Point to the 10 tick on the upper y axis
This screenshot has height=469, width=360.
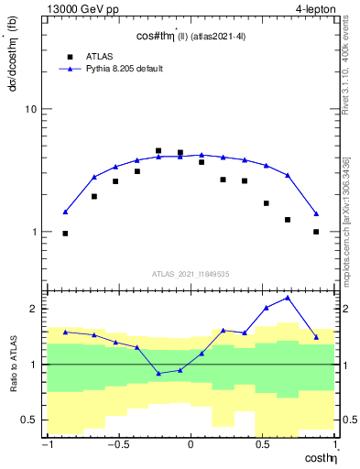pos(30,110)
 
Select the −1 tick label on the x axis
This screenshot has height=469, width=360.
pos(46,446)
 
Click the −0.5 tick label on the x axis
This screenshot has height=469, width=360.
pos(117,446)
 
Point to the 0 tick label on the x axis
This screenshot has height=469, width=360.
pos(191,446)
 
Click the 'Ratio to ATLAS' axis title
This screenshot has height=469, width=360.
pos(11,364)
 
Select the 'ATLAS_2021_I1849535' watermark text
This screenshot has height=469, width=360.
pos(191,273)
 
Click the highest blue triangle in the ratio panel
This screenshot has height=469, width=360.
pos(288,298)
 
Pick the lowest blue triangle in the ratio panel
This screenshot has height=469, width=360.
pos(158,374)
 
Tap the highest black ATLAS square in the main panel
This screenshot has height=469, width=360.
pos(158,151)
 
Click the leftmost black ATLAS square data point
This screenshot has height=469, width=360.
pos(65,234)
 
